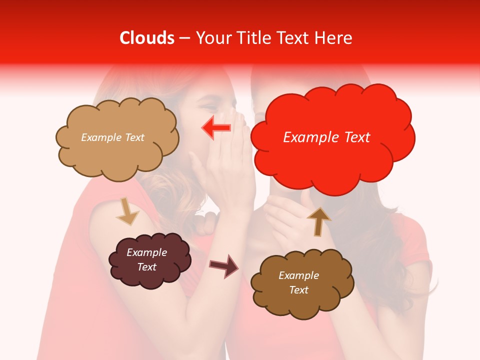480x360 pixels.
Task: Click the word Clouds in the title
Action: (x=147, y=38)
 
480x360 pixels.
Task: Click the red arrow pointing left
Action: (x=216, y=128)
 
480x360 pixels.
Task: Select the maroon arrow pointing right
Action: (x=224, y=265)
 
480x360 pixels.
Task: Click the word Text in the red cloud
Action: (x=356, y=137)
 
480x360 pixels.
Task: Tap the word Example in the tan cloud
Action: (x=101, y=137)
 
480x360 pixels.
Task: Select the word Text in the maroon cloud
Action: (x=147, y=267)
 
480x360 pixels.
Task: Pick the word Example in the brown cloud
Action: (x=298, y=275)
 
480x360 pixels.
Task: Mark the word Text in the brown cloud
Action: (x=298, y=290)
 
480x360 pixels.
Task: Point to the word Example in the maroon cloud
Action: (x=147, y=252)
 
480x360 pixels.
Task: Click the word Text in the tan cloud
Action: (x=134, y=137)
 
